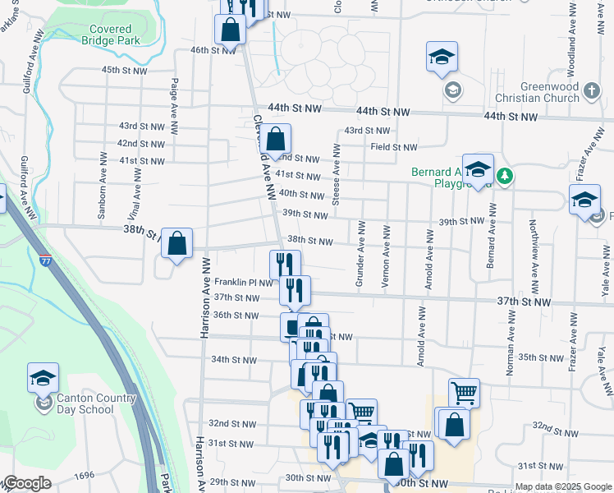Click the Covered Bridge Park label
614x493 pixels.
click(106, 35)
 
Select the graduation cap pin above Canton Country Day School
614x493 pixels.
click(43, 378)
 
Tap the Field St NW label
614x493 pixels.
click(393, 147)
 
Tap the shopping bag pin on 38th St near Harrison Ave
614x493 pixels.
click(176, 244)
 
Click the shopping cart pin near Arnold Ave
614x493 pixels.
click(464, 394)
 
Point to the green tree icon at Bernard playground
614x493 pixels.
click(506, 175)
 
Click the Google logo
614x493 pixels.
click(28, 483)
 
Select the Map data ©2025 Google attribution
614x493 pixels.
click(561, 486)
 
